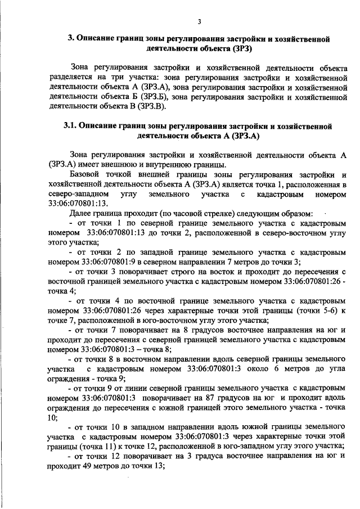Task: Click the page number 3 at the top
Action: click(199, 22)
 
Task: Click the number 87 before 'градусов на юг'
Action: click(215, 398)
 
